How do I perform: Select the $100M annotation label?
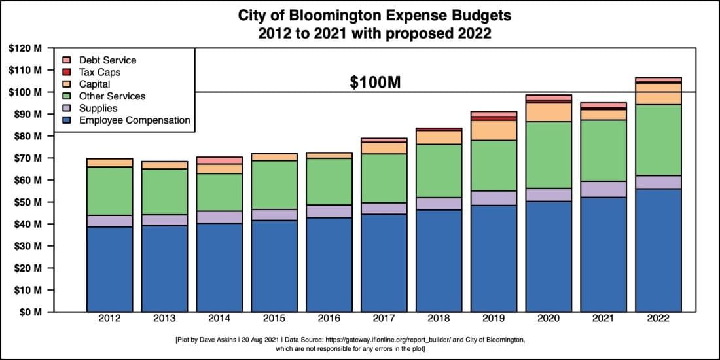pos(374,82)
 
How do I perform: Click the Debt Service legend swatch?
pos(66,60)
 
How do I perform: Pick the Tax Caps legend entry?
pos(99,72)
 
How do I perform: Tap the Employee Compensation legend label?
pos(134,120)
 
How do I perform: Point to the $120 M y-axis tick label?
pos(26,48)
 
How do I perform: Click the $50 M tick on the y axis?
pos(27,202)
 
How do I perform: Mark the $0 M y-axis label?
pos(30,312)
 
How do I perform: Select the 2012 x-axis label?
pos(109,320)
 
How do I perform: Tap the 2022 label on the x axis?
pos(658,320)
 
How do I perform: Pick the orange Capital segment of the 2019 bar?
pos(494,130)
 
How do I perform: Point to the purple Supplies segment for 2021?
pos(603,189)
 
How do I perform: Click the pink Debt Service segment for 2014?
pos(219,160)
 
